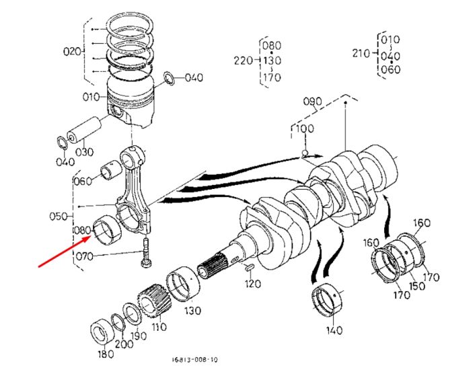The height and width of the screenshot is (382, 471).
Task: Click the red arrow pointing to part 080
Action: pyautogui.click(x=65, y=251)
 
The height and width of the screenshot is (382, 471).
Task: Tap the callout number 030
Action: pyautogui.click(x=84, y=152)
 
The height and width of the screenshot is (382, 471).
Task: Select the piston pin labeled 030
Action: pyautogui.click(x=83, y=129)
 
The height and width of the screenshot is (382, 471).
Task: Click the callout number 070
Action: pyautogui.click(x=84, y=256)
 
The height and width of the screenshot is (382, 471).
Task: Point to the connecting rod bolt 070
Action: pyautogui.click(x=146, y=252)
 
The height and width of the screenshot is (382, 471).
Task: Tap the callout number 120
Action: pyautogui.click(x=252, y=284)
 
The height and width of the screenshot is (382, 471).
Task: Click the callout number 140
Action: pyautogui.click(x=334, y=330)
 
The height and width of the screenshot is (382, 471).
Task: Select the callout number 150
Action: pyautogui.click(x=417, y=286)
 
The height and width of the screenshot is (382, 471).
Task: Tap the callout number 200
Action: pyautogui.click(x=124, y=343)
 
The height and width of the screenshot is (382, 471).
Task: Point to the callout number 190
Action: pyautogui.click(x=138, y=336)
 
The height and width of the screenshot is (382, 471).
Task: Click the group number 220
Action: pyautogui.click(x=244, y=61)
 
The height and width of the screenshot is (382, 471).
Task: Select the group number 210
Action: pyautogui.click(x=361, y=53)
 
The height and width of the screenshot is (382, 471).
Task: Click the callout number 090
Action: pyautogui.click(x=312, y=101)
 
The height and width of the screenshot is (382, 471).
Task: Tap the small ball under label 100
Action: pyautogui.click(x=305, y=153)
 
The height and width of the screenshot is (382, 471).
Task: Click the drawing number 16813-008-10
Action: pyautogui.click(x=194, y=360)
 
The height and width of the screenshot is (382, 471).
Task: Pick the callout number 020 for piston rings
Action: pyautogui.click(x=72, y=51)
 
